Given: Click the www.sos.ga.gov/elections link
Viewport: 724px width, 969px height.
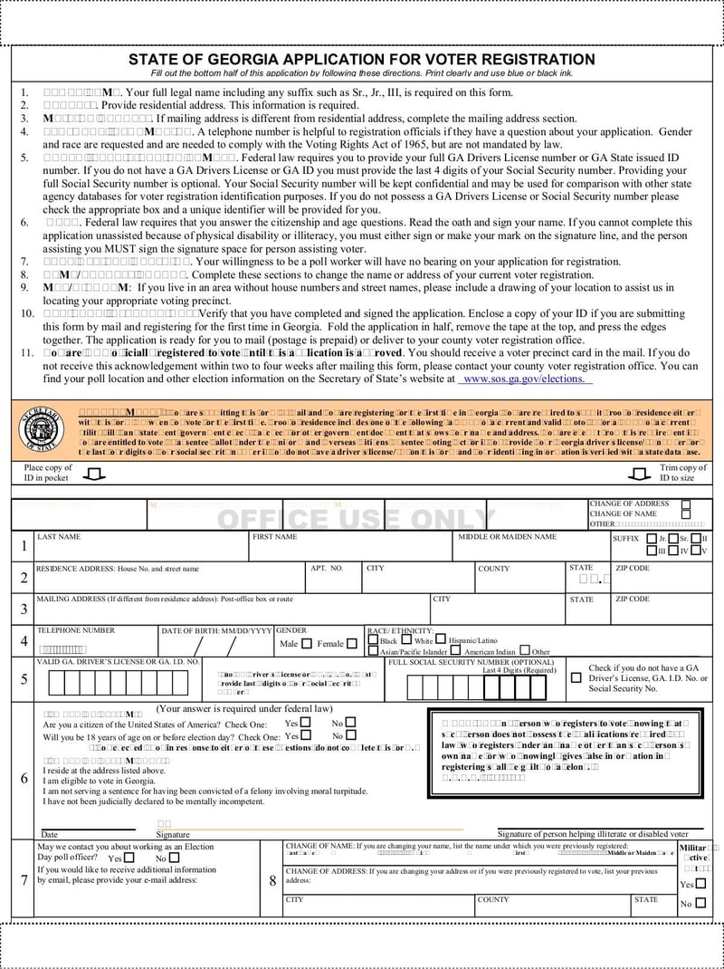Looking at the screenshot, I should tap(527, 379).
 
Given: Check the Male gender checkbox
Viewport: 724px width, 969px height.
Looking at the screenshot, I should tap(307, 644).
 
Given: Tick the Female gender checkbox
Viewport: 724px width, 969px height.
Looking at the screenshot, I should tap(351, 644).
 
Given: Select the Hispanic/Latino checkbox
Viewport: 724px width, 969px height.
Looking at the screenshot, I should tap(441, 639).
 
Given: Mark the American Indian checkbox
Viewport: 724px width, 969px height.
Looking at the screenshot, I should tap(456, 651).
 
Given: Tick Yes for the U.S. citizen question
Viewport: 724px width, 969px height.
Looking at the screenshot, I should tap(305, 723).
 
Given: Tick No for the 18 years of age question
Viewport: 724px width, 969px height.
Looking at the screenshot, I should tap(350, 735).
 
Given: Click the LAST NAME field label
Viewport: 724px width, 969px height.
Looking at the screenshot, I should tap(58, 537).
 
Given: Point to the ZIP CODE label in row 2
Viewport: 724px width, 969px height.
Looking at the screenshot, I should tap(633, 569).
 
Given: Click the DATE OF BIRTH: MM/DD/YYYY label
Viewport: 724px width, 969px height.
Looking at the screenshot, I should tap(216, 630).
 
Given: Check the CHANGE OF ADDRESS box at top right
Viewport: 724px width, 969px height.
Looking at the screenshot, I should tap(686, 504).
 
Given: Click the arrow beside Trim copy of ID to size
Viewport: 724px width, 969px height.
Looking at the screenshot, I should tap(639, 474).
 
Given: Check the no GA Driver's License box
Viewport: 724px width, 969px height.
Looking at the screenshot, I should tap(576, 677).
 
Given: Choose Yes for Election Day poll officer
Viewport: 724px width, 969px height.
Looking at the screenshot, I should tap(129, 858).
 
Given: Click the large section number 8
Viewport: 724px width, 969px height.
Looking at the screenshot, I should tap(272, 879).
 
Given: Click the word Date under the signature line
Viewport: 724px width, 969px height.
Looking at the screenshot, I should tap(49, 834).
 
